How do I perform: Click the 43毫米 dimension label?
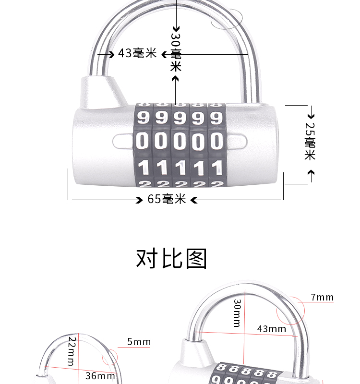(x=137, y=53)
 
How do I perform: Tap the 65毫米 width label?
(x=167, y=199)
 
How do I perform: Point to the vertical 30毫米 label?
(x=176, y=52)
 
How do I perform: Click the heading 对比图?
(x=172, y=258)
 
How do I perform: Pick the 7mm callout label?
(x=322, y=298)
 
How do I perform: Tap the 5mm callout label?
(x=139, y=342)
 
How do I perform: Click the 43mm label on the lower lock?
(x=271, y=329)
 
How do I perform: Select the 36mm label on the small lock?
(x=100, y=376)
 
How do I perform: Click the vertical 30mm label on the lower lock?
(x=237, y=313)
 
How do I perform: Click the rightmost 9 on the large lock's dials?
(x=216, y=118)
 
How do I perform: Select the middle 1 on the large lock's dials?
(x=180, y=168)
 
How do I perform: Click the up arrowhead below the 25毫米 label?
(x=311, y=173)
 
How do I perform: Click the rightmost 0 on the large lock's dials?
(x=216, y=142)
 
